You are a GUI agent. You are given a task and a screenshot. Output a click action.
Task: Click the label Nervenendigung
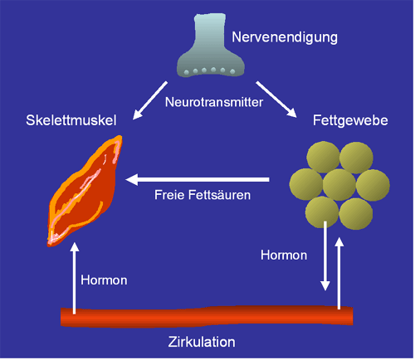coord(285,37)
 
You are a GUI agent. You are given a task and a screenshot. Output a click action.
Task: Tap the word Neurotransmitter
coord(214,102)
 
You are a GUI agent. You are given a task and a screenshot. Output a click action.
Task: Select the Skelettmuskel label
coord(71,120)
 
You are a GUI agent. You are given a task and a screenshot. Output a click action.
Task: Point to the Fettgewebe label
coord(350,120)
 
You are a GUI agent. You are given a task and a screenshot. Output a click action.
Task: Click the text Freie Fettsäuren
coord(203,195)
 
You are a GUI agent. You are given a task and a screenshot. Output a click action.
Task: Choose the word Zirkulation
coord(202,342)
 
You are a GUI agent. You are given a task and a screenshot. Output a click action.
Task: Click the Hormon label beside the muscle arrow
coord(104,280)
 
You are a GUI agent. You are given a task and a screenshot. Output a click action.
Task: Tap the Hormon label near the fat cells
coord(284,255)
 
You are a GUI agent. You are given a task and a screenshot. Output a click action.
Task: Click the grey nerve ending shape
coord(211,46)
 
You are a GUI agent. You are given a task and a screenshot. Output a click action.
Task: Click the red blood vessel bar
coord(207,317)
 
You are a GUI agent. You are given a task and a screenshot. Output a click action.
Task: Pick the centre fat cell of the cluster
coord(339,185)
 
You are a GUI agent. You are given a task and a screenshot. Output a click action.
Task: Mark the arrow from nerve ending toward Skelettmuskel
coord(150,100)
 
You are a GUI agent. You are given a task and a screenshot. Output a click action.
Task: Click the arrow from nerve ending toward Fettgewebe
coord(276,99)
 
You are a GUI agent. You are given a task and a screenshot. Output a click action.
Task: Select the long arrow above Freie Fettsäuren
coord(198,180)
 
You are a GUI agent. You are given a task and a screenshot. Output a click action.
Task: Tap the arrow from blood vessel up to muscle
coord(74,278)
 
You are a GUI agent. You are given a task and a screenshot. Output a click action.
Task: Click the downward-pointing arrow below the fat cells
coord(325,255)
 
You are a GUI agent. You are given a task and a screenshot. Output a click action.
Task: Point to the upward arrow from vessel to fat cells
coord(339,273)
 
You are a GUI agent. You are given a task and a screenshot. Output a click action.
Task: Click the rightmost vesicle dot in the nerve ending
coord(232,72)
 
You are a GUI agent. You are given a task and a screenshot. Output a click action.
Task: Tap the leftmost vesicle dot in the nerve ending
coord(187,73)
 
